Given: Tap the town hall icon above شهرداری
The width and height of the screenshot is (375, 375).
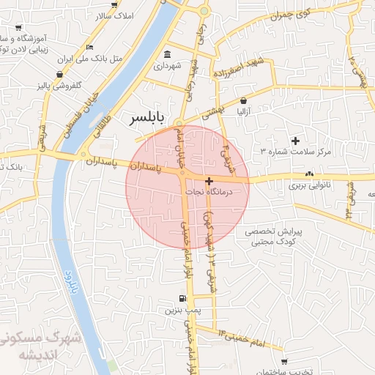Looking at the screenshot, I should click(168, 55).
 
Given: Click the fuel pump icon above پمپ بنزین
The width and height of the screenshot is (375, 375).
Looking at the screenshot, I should click(182, 298).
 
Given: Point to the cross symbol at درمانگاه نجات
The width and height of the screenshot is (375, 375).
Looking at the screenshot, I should click(209, 180).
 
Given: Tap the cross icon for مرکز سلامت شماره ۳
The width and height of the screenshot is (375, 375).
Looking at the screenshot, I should click(295, 140).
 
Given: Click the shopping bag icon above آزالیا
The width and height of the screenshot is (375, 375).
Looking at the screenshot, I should click(243, 101).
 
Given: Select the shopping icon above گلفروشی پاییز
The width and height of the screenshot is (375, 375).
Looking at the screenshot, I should click(59, 74).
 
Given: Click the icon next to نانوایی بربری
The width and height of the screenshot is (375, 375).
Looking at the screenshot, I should click(308, 174).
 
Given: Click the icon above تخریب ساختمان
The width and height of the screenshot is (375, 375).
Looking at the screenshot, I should click(284, 363).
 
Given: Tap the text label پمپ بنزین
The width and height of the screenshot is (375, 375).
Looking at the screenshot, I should click(181, 311).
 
